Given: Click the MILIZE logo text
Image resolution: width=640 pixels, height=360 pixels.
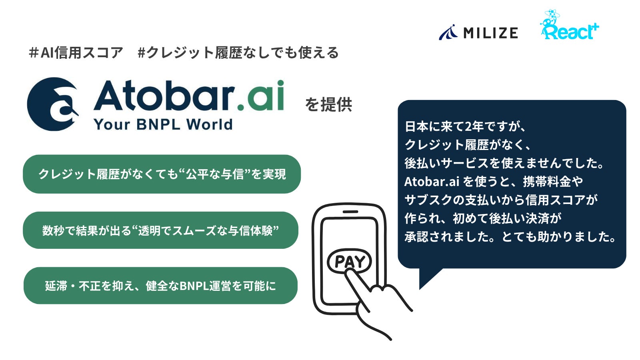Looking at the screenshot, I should point(490,33).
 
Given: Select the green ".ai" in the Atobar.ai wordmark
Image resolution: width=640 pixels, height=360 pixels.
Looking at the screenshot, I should point(260,96).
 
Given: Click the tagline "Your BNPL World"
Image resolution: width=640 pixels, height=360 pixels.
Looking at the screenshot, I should point(163,125).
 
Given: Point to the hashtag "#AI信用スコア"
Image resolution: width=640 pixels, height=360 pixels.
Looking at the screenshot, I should point(76,53).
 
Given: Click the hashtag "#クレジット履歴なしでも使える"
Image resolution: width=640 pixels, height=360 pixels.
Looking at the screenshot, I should point(238,53).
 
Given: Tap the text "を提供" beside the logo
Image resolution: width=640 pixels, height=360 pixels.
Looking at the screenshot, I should point(328,105).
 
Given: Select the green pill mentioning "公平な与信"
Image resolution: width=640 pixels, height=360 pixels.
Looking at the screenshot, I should point(162,174).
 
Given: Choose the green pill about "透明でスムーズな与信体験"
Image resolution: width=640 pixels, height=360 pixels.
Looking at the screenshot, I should point(160,230).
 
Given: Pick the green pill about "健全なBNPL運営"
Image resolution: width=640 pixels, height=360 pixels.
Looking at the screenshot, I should point(160,286).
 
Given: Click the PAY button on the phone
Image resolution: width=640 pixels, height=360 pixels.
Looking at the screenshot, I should point(349,262).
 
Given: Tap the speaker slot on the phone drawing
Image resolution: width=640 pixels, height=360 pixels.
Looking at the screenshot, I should point(350,212).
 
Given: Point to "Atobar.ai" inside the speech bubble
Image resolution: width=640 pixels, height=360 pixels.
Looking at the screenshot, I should point(432,182).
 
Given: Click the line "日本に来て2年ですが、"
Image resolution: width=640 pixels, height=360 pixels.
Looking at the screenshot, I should point(466,127).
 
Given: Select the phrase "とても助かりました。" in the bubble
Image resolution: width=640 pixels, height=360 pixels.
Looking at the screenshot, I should point(559,237).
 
